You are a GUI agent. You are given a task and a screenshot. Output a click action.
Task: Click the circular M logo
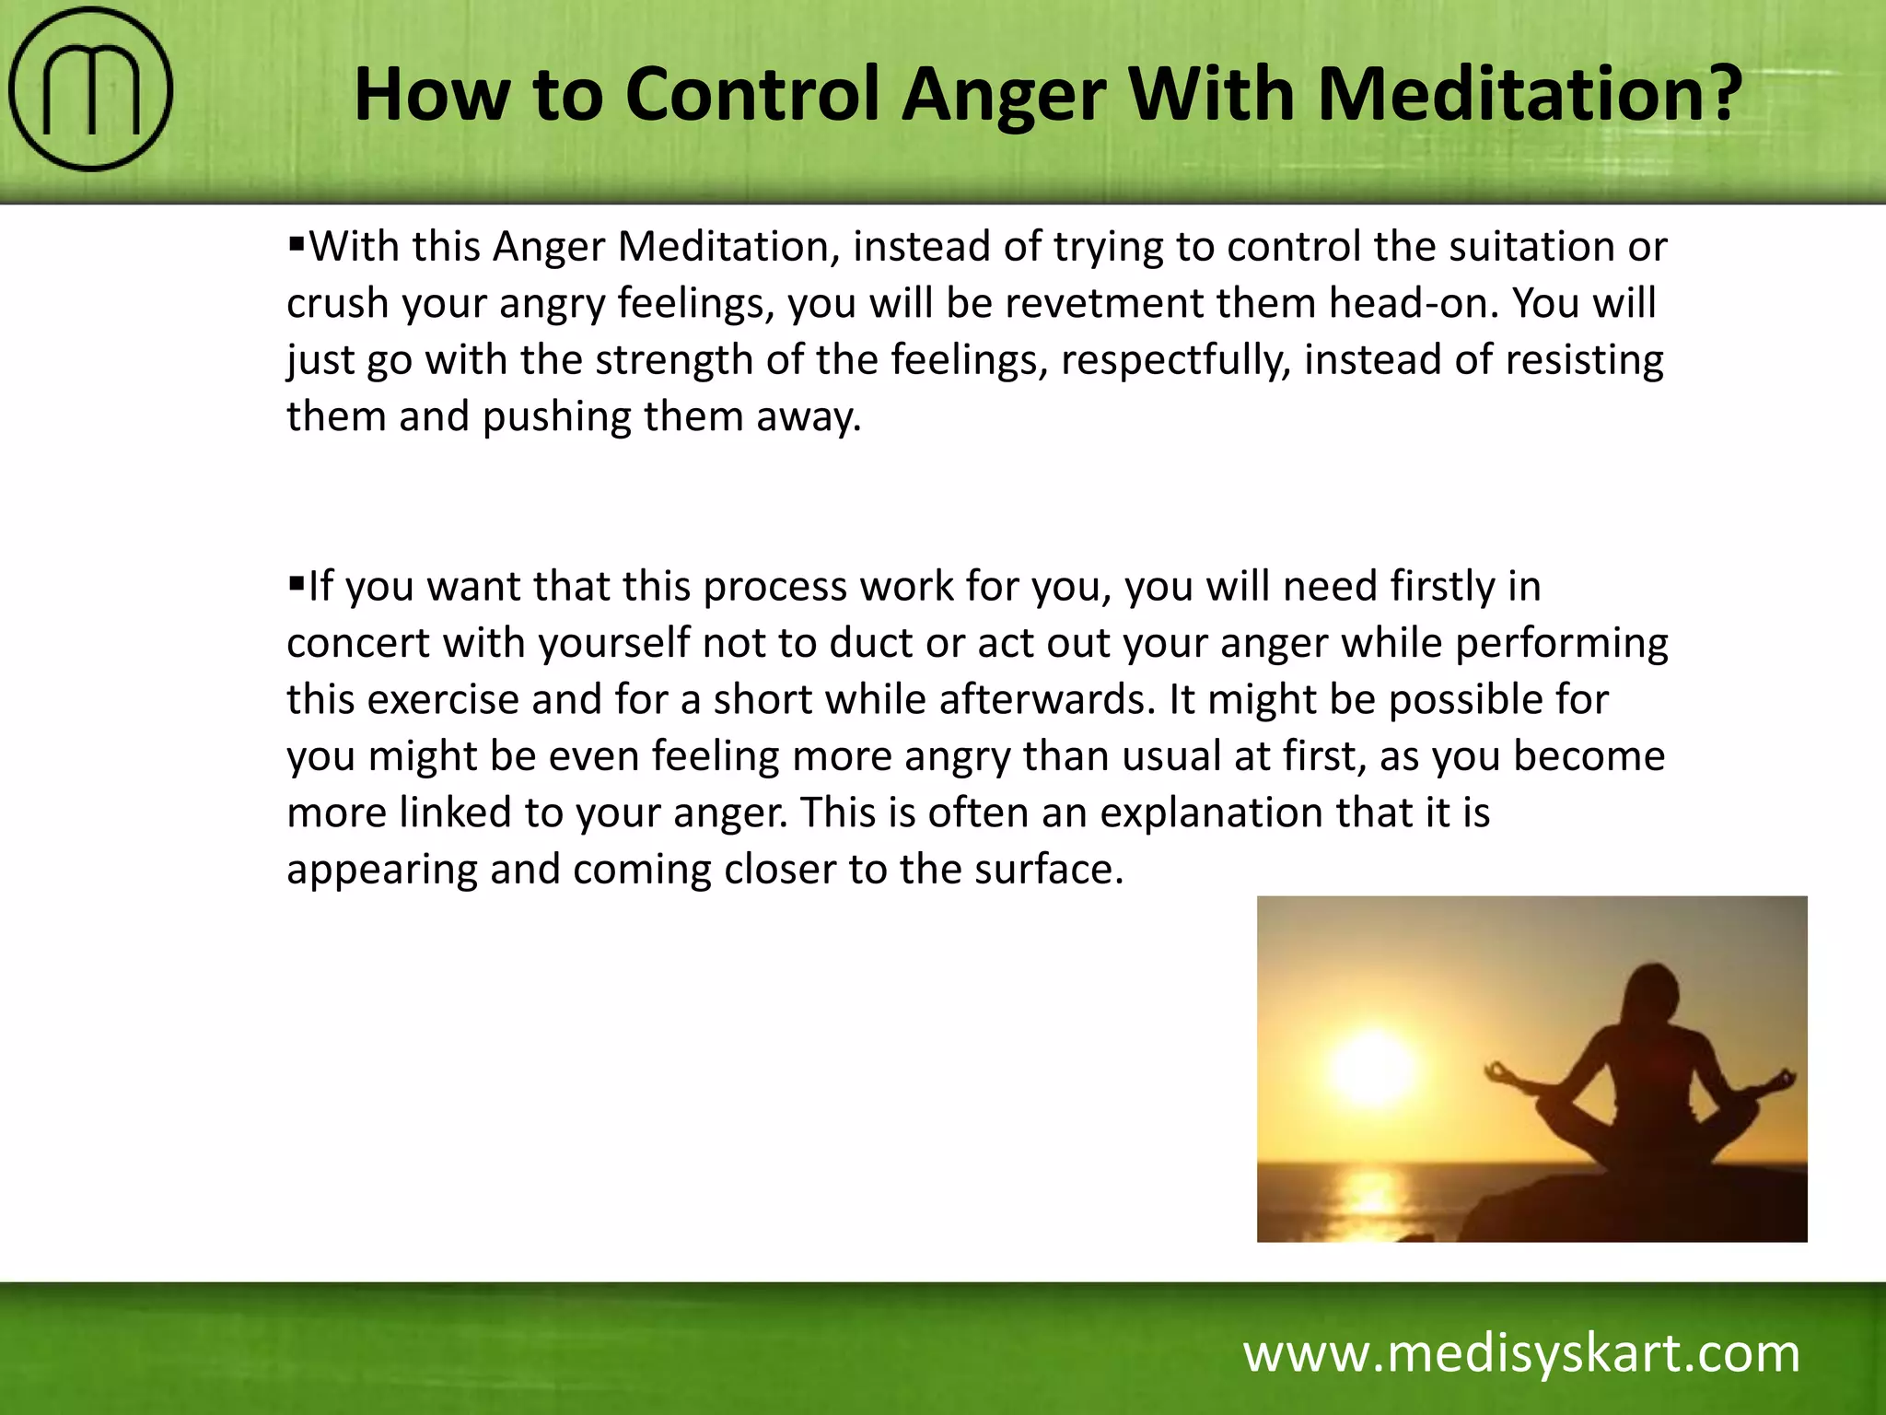(x=90, y=89)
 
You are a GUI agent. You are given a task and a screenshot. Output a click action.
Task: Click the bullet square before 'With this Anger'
(x=296, y=244)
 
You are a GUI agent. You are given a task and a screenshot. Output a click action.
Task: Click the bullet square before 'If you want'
(x=296, y=583)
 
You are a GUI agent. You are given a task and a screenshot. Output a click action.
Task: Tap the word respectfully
(x=1174, y=361)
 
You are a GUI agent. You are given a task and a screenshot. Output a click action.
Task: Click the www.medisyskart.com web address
(x=1521, y=1354)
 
